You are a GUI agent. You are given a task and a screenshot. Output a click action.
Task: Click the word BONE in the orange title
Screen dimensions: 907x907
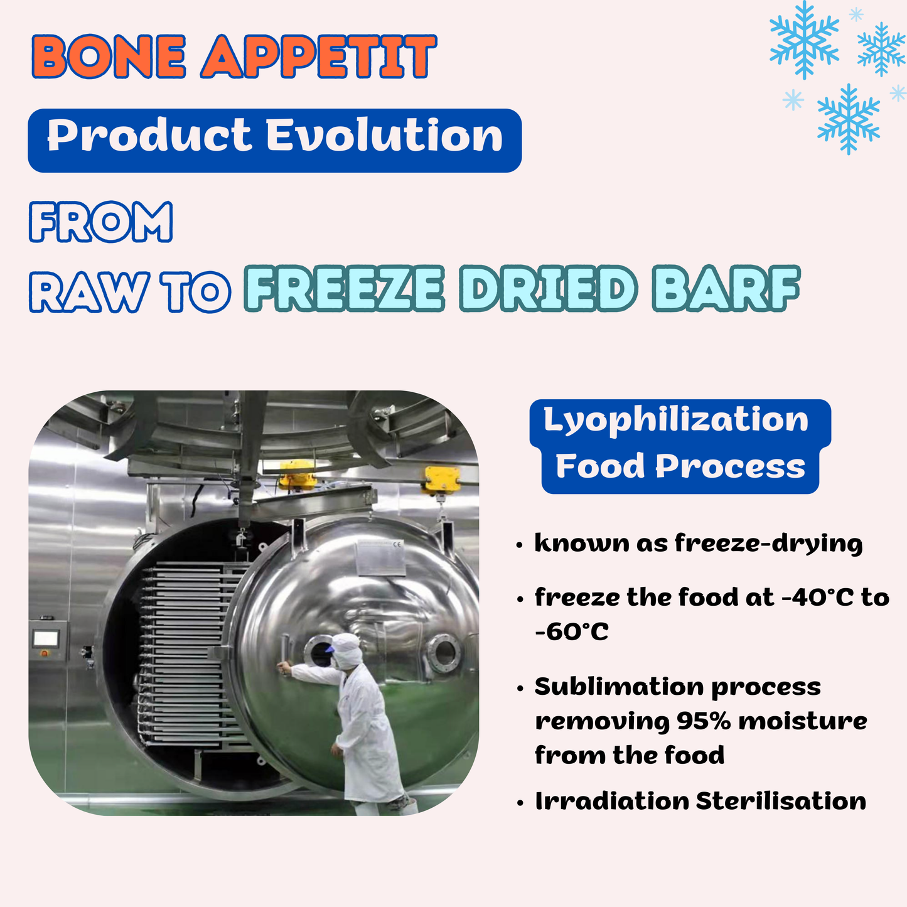click(109, 56)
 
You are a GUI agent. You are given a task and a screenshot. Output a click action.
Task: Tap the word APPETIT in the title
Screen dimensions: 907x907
click(319, 56)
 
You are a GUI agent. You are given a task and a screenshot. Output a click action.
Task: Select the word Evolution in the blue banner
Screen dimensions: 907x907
click(384, 136)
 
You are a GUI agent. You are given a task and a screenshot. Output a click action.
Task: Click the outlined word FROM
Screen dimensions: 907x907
click(101, 222)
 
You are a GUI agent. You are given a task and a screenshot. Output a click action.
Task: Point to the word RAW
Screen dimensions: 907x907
click(89, 292)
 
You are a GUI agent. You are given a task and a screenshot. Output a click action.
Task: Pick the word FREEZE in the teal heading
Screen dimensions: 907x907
click(344, 289)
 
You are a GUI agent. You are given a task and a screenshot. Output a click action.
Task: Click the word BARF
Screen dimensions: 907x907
click(726, 289)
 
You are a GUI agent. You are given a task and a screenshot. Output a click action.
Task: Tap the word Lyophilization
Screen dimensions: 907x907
click(676, 421)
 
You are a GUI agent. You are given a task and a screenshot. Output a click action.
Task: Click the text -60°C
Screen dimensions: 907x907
click(572, 631)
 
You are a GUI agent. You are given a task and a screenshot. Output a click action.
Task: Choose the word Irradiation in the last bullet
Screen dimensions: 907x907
click(612, 801)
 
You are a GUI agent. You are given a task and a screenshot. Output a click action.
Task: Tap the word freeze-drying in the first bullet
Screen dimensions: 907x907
click(769, 544)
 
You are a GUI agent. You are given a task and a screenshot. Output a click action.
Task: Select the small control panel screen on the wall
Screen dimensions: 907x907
click(46, 639)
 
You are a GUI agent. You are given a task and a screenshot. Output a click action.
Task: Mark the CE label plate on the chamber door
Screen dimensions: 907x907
click(380, 558)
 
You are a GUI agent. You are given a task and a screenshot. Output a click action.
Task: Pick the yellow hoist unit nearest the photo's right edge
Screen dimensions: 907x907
click(442, 480)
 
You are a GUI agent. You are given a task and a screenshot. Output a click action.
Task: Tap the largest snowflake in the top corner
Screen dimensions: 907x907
click(804, 40)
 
